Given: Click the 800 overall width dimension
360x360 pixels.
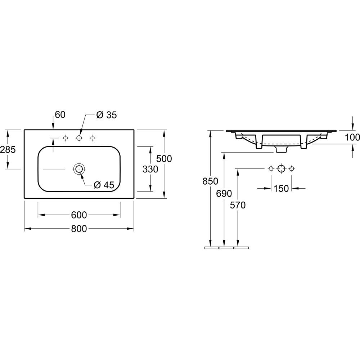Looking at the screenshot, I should [x=79, y=229].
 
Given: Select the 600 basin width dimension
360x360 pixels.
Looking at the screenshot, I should [x=79, y=215].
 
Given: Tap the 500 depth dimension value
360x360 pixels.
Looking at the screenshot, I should [x=165, y=158].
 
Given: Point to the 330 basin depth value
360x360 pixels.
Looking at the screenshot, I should [x=150, y=169].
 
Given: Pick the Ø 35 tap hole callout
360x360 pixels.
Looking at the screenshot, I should [x=107, y=115].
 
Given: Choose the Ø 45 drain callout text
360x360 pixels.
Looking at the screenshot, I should [x=104, y=185].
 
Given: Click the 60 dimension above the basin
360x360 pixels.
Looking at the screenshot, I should [x=60, y=115].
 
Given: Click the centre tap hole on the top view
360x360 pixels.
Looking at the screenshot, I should [x=79, y=138].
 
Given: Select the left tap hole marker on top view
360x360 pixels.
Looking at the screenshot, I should [x=65, y=138].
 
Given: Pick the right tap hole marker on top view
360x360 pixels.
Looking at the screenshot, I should [x=93, y=138].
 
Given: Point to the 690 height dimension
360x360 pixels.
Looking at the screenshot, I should [x=224, y=193].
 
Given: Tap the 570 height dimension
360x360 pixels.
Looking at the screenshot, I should [x=238, y=205].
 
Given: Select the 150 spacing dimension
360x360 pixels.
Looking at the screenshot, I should [x=281, y=188].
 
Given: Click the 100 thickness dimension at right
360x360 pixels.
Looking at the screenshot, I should [x=352, y=137].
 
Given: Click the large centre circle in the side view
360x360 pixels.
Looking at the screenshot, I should [x=281, y=168].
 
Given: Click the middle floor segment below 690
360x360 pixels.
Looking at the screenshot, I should [x=226, y=248].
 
